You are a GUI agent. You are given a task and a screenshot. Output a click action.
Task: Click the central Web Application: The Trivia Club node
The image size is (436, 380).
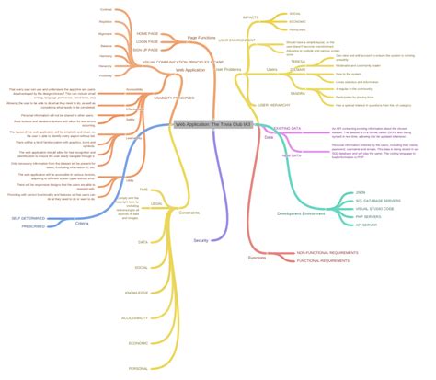pos(212,122)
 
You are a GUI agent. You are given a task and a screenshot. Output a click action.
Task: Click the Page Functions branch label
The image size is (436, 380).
pos(201,38)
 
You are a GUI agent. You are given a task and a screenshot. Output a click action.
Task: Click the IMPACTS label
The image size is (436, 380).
pos(251,17)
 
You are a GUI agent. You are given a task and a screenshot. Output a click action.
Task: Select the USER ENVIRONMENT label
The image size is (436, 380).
pos(243,40)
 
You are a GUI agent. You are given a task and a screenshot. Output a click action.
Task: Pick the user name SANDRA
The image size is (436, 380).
pos(298,92)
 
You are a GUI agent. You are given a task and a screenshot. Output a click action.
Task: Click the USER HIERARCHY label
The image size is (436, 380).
pos(276,105)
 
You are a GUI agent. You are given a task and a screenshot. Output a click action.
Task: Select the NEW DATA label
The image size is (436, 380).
pos(292,156)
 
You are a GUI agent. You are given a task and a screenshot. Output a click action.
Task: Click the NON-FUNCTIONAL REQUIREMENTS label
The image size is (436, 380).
pos(327,252)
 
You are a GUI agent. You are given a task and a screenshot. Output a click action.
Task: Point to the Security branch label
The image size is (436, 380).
pos(201,239)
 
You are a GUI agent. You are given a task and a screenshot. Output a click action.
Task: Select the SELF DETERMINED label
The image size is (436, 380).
pos(28,218)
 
